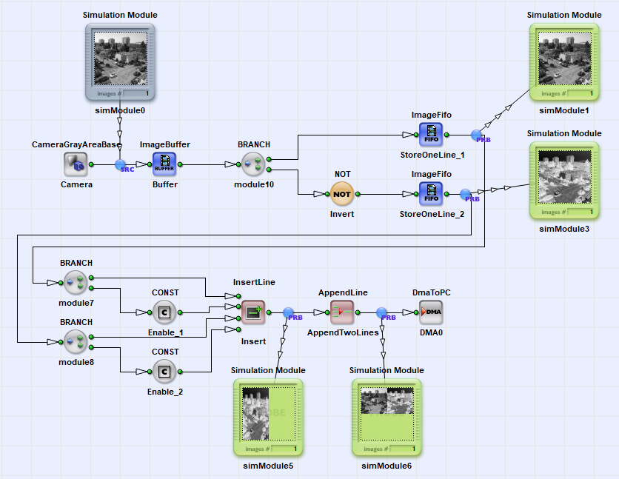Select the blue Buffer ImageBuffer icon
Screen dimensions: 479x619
click(164, 164)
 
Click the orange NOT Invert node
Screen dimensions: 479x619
click(342, 194)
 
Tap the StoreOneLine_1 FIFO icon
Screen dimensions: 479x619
click(431, 135)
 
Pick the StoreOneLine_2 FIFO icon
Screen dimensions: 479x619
click(431, 194)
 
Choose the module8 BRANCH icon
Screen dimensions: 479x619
click(76, 342)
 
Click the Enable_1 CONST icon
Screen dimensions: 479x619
click(164, 312)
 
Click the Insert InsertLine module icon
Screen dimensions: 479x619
click(253, 312)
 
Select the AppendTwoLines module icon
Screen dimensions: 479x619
click(342, 312)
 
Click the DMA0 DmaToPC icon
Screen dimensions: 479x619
click(431, 312)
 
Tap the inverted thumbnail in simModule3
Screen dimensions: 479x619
click(564, 179)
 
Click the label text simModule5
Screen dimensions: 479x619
click(268, 466)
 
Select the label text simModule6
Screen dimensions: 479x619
click(387, 466)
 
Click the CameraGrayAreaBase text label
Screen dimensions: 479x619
click(76, 144)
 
